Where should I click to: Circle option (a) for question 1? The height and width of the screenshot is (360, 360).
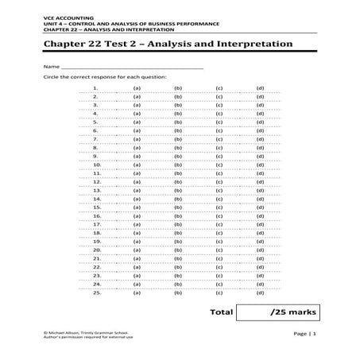137,87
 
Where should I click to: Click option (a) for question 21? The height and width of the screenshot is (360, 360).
137,258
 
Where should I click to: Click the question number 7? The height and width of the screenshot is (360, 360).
95,139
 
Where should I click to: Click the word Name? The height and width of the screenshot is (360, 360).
52,67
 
